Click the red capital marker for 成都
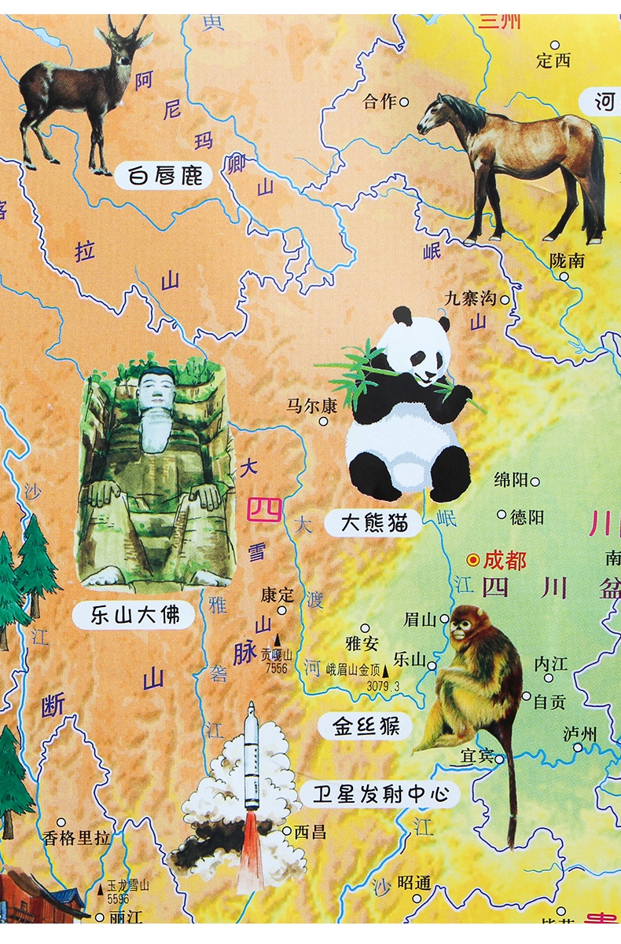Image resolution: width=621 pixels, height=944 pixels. (x=472, y=560)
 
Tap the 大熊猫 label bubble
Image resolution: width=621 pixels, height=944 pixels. (x=376, y=522)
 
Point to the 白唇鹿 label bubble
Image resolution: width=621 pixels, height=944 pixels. (x=164, y=174)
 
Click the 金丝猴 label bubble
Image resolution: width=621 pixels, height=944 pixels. (x=365, y=726)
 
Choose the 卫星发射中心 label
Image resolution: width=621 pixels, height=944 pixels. (x=380, y=794)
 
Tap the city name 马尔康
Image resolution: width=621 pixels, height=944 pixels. (x=311, y=406)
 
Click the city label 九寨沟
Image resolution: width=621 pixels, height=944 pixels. (x=471, y=298)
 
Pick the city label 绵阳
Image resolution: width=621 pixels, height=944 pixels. (x=511, y=481)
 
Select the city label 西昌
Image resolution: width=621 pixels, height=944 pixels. (x=310, y=832)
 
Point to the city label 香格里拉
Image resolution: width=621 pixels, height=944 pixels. (x=76, y=838)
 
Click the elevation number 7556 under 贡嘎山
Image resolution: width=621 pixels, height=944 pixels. (x=276, y=668)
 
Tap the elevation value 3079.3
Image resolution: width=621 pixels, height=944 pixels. (x=383, y=686)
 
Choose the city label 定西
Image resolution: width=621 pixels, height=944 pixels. (x=553, y=60)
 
